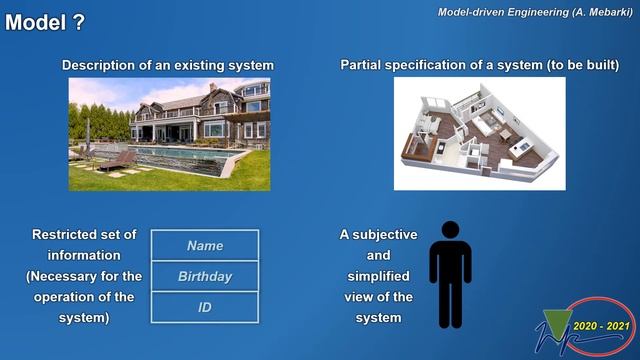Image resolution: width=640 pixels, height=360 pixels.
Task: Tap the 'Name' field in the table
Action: (205, 246)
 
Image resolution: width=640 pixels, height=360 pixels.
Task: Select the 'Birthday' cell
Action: (205, 276)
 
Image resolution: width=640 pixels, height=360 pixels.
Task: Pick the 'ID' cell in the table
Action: (205, 307)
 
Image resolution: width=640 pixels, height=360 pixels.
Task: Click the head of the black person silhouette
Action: (450, 232)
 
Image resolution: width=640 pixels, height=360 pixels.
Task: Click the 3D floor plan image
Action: (479, 133)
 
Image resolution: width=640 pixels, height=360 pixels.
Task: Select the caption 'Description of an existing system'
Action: (168, 65)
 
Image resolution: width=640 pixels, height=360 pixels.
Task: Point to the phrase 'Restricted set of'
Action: (84, 234)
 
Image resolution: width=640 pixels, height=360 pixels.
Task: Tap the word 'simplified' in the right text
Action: (378, 276)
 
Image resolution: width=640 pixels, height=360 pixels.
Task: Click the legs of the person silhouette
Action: (450, 305)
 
